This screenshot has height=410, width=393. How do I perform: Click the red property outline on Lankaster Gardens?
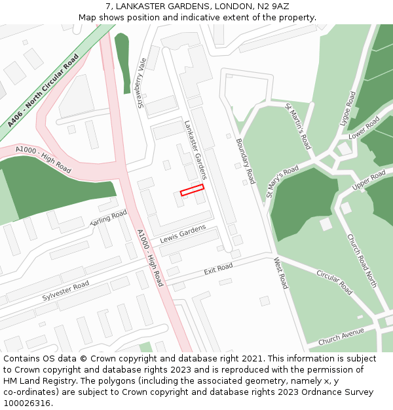tap(192, 190)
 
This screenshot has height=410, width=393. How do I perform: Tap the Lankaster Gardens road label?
tap(195, 150)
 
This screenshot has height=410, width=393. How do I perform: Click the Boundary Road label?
tap(245, 161)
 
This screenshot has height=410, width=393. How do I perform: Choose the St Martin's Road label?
tap(297, 125)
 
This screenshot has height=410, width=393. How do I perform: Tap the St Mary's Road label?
tap(282, 181)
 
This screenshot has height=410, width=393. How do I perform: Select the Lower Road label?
tap(364, 127)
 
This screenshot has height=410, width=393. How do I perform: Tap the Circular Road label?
tap(334, 282)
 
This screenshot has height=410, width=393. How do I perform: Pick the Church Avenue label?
tap(341, 337)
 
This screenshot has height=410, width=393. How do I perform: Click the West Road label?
tap(280, 273)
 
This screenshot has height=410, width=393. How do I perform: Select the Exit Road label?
tap(218, 269)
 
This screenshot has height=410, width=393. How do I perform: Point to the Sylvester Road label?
tap(65, 290)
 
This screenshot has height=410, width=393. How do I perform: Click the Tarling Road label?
tap(108, 218)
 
